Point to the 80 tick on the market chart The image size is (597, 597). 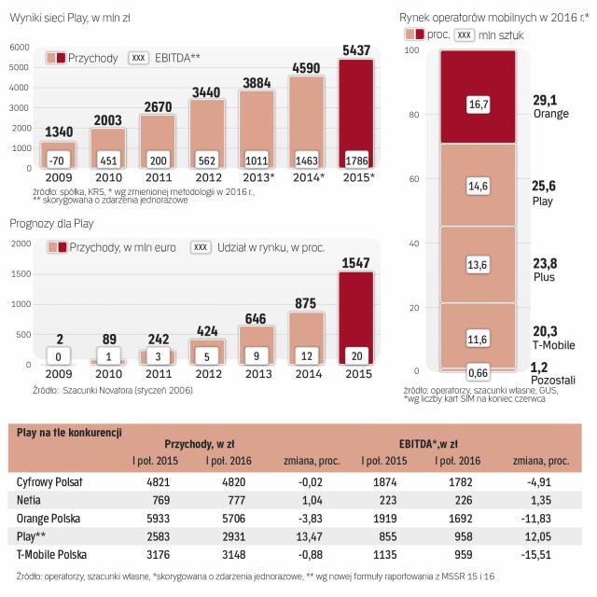(413, 116)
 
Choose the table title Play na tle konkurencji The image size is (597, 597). (70, 432)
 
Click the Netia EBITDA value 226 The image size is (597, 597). (464, 499)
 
